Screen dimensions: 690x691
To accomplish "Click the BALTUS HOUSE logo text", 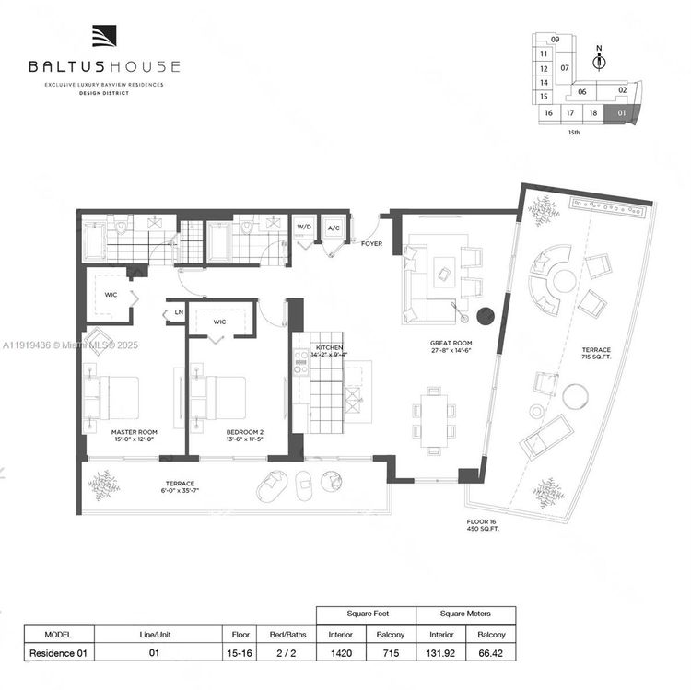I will pyautogui.click(x=103, y=66).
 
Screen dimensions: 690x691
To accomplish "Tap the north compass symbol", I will pyautogui.click(x=600, y=63).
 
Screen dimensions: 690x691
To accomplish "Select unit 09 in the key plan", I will pyautogui.click(x=556, y=40).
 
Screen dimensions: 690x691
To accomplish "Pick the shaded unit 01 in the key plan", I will pyautogui.click(x=623, y=113).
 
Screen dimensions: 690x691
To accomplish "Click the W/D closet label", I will pyautogui.click(x=304, y=227).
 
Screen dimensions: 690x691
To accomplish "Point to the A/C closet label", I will pyautogui.click(x=334, y=227).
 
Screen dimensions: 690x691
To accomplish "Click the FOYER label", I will pyautogui.click(x=371, y=244).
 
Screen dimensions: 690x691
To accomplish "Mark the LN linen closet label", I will pyautogui.click(x=178, y=313).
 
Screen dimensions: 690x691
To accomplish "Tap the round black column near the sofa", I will pyautogui.click(x=486, y=315).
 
